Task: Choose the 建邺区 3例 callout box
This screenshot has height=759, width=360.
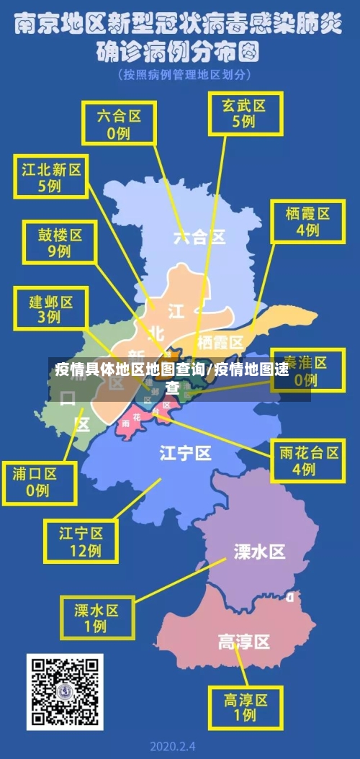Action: click(x=50, y=307)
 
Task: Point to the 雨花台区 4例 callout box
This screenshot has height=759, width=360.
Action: click(x=309, y=460)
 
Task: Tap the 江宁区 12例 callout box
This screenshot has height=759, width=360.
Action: click(x=81, y=542)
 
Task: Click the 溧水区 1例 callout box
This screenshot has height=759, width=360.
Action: click(x=96, y=617)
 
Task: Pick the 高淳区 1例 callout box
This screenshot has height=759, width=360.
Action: click(x=246, y=706)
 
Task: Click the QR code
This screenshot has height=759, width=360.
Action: click(x=65, y=691)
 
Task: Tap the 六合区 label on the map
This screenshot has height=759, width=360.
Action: click(x=199, y=237)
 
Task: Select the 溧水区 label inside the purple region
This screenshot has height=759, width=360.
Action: click(x=259, y=552)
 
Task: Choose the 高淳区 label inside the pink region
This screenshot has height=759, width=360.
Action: click(x=243, y=641)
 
